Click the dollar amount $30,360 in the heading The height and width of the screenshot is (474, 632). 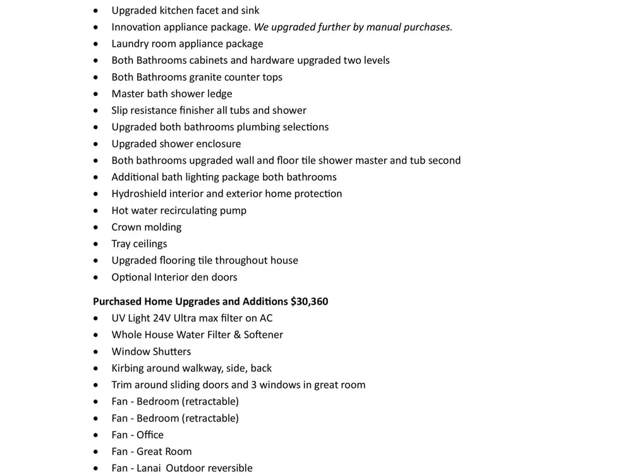pos(309,301)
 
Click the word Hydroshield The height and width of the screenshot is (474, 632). pos(139,193)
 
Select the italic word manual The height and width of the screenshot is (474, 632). pos(385,27)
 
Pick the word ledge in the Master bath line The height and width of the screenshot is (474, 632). pos(219,94)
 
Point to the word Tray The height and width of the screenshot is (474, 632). pos(121,243)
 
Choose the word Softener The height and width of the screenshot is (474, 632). pos(264,334)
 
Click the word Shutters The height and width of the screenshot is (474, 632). pos(171,351)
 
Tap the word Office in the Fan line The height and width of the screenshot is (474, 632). pos(150,435)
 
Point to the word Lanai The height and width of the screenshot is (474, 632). pos(150,468)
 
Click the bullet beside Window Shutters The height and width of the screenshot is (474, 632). pos(95,351)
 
